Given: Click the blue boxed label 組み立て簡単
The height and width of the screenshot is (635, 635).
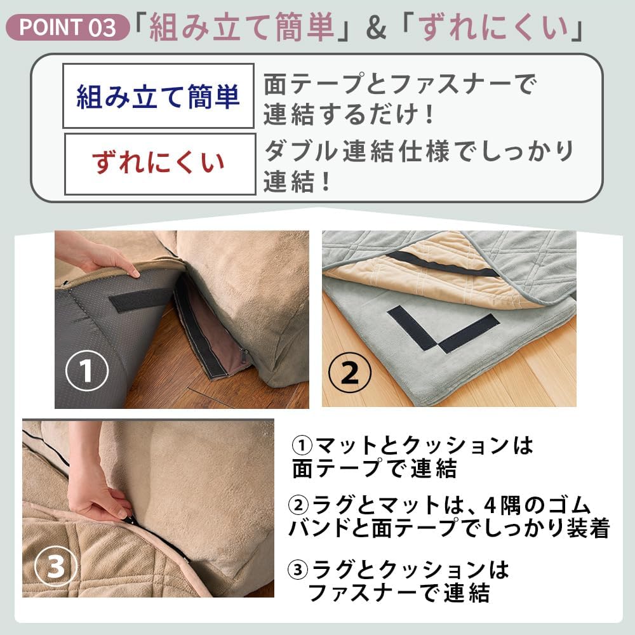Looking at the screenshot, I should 158,97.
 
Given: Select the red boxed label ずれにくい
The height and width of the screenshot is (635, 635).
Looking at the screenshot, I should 159,163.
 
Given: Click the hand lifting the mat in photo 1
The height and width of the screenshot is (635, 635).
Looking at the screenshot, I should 102,257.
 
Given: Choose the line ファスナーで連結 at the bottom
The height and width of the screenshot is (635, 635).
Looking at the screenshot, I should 399,593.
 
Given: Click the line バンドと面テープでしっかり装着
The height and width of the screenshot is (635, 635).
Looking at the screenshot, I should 449,529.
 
